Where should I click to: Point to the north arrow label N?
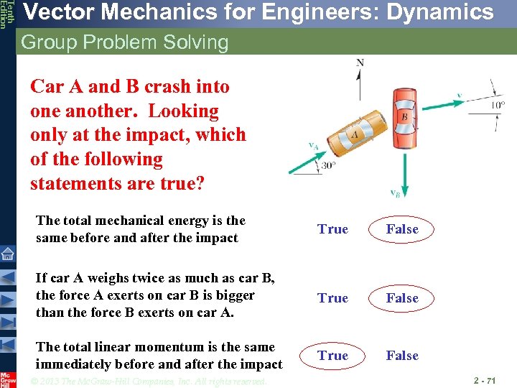(360, 63)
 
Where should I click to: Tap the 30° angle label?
(329, 165)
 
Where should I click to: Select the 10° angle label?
(497, 104)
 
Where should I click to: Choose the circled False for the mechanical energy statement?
(402, 229)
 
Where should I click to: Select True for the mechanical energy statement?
(332, 229)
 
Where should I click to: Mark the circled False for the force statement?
(402, 298)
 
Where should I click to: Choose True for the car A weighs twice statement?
(332, 298)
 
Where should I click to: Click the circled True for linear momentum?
(332, 356)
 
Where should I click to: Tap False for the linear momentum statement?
(402, 356)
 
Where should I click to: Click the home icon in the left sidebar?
(8, 254)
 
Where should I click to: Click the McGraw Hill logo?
(8, 379)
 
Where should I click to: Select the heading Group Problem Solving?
(125, 42)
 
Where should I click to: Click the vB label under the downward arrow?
(395, 193)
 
